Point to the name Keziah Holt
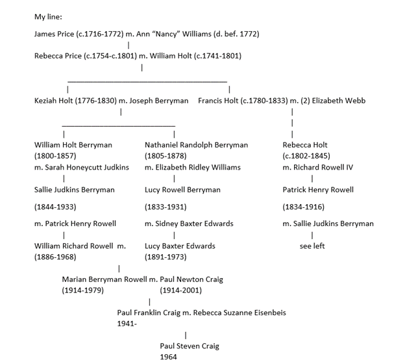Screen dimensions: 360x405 [x=55, y=101]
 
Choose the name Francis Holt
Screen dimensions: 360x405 [x=217, y=101]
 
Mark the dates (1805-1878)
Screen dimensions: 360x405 [x=166, y=156]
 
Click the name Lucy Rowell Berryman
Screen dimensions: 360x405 [x=182, y=190]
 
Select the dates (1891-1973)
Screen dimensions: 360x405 [x=166, y=257]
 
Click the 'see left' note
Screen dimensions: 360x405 [x=312, y=246]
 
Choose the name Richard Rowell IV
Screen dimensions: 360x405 [x=323, y=167]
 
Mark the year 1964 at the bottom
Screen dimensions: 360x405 [x=169, y=357]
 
